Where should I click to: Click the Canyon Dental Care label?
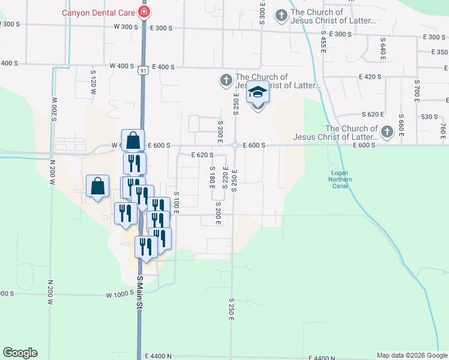98,12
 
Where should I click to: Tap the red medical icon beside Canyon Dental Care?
144,12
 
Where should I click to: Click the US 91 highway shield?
142,71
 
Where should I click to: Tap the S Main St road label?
139,292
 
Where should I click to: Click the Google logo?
20,353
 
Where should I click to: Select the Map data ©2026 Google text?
411,355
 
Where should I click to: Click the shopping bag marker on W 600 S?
133,142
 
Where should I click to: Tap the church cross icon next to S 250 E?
226,80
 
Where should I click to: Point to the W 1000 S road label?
118,295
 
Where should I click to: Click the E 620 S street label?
203,155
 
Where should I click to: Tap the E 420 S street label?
370,77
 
